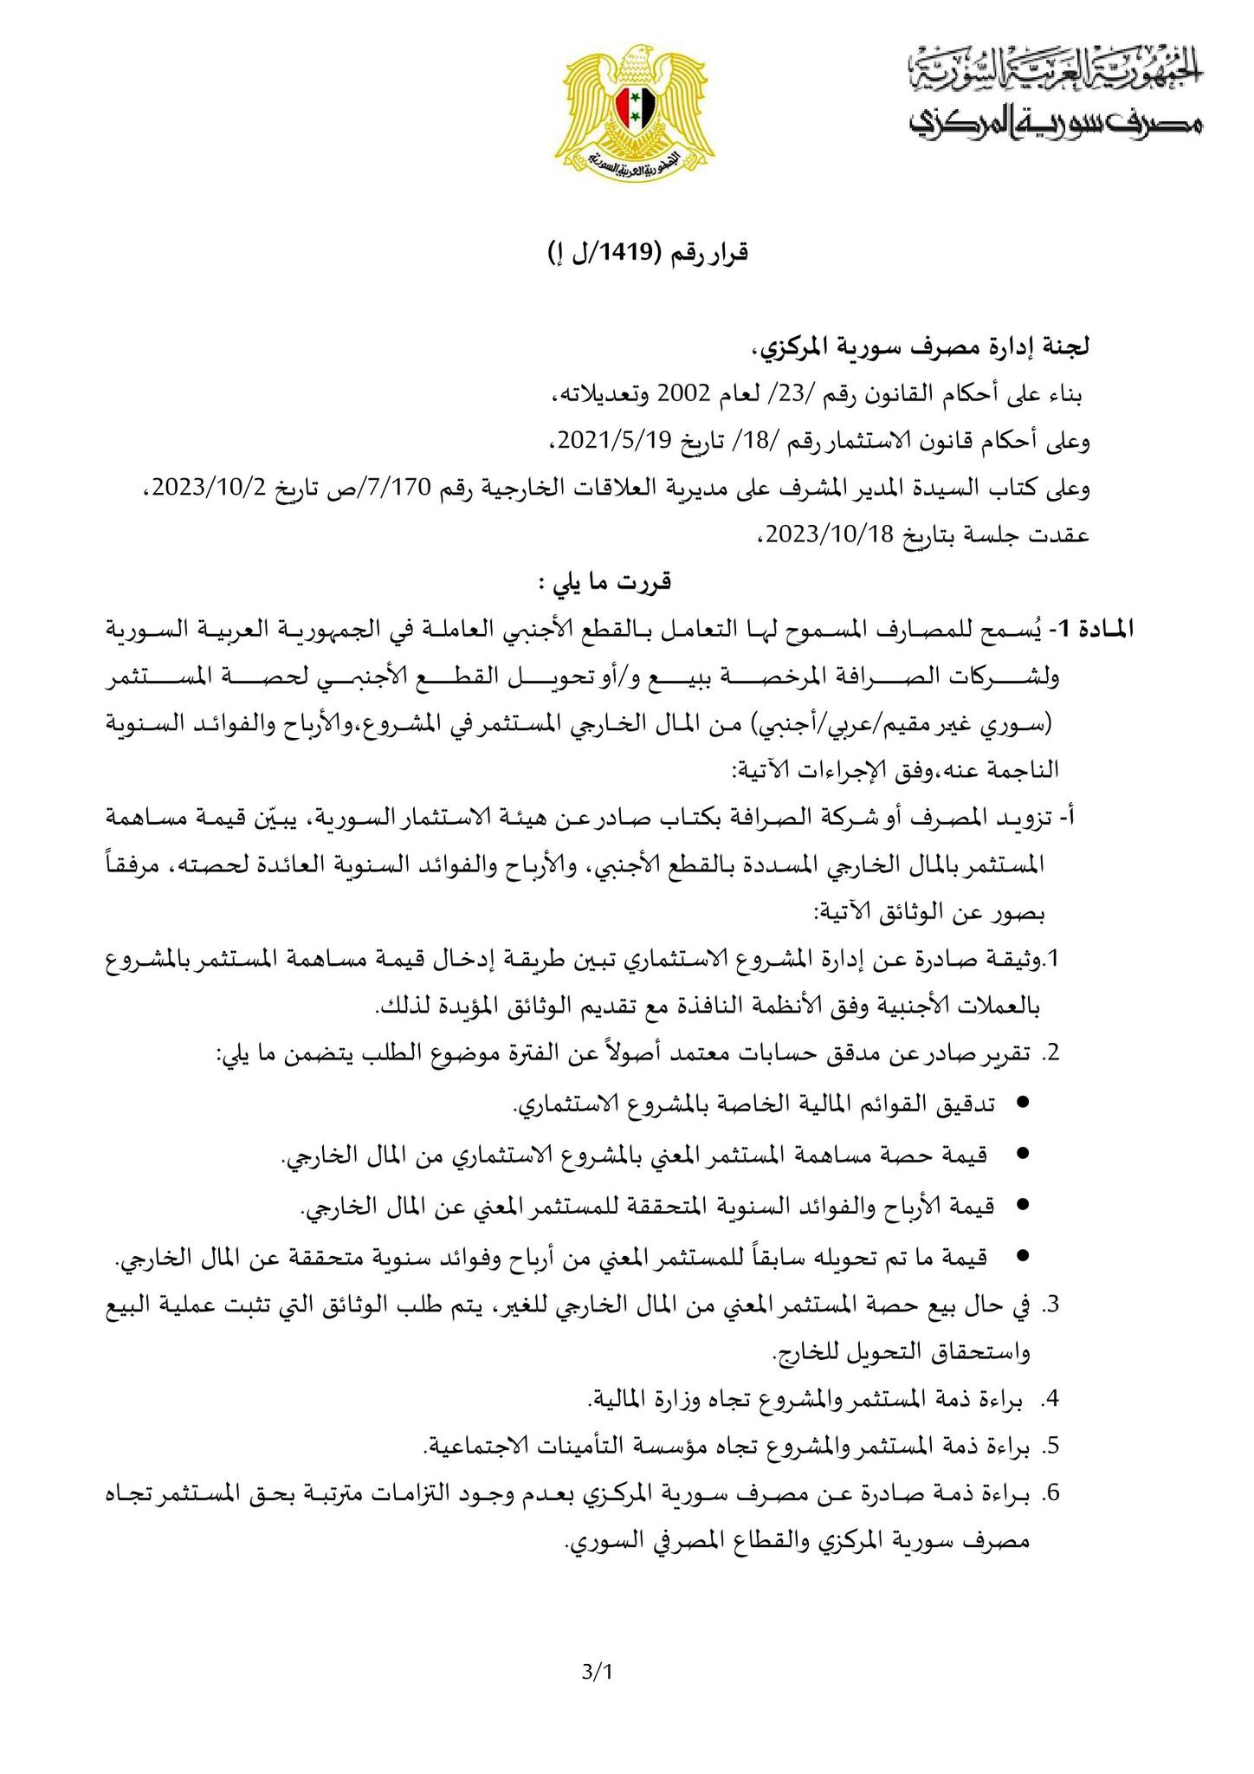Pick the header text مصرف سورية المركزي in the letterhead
point(1056,122)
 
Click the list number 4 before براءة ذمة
point(1052,1399)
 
